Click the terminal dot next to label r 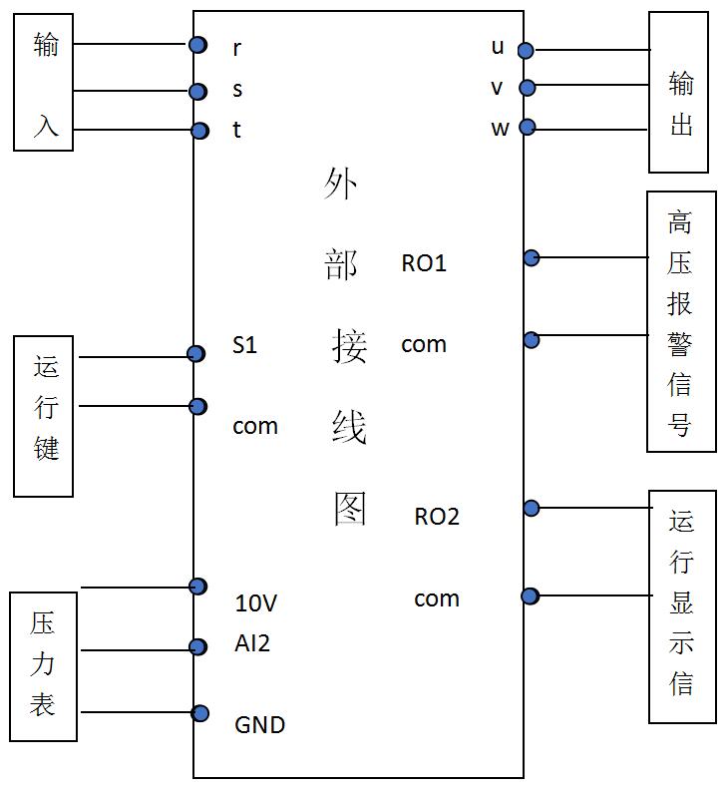tap(198, 44)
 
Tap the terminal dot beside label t tap(199, 131)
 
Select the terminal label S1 tap(245, 345)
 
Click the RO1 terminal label tap(424, 263)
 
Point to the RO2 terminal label tap(437, 517)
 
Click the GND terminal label tap(259, 724)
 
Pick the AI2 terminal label tap(252, 643)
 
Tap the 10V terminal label tap(255, 603)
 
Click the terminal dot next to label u tap(525, 50)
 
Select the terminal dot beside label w tap(528, 127)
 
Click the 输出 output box tap(681, 92)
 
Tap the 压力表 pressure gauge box tap(43, 665)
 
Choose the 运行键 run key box tap(44, 415)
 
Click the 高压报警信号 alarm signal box tap(681, 321)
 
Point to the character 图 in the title tap(350, 508)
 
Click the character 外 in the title tap(341, 184)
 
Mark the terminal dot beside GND tap(200, 713)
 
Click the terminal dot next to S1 tap(197, 353)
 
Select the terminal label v tap(497, 88)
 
